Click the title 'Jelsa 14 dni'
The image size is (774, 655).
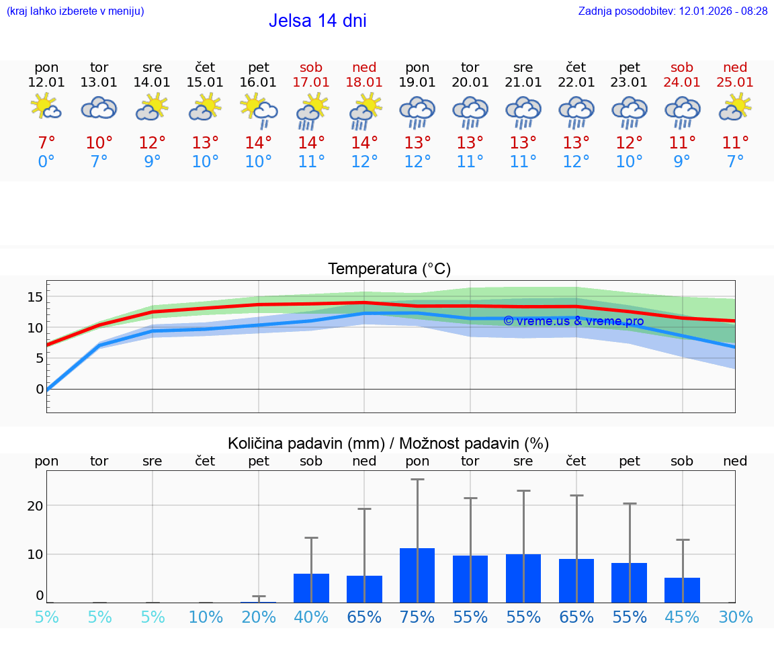pyautogui.click(x=317, y=21)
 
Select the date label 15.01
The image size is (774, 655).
pyautogui.click(x=205, y=83)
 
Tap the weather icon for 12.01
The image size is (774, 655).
pyautogui.click(x=46, y=107)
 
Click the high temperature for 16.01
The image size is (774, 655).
pyautogui.click(x=258, y=142)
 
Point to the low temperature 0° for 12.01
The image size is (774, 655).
pyautogui.click(x=46, y=161)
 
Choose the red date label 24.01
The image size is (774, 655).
pyautogui.click(x=682, y=83)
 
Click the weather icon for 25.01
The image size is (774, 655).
pyautogui.click(x=735, y=107)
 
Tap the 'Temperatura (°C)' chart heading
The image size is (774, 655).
pyautogui.click(x=389, y=269)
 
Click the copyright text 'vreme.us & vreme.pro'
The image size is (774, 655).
pyautogui.click(x=573, y=321)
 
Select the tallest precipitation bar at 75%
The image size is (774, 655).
pyautogui.click(x=417, y=575)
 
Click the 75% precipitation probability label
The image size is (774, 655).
pyautogui.click(x=417, y=617)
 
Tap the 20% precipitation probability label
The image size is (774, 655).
pyautogui.click(x=258, y=617)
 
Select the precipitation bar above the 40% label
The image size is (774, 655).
pyautogui.click(x=311, y=588)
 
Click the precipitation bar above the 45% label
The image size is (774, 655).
pyautogui.click(x=682, y=590)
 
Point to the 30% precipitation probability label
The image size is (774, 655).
pyautogui.click(x=735, y=617)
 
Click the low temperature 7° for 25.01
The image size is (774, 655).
pyautogui.click(x=735, y=161)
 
